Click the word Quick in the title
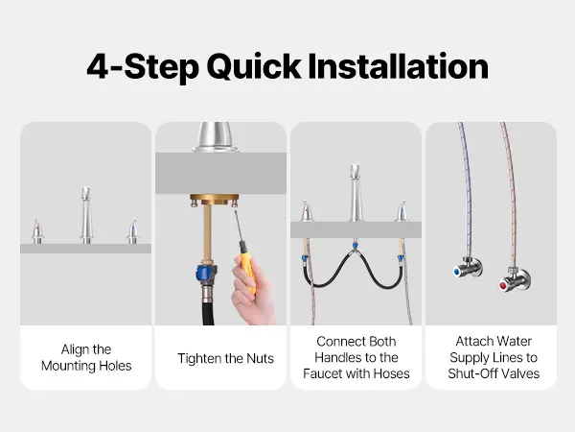click(254, 67)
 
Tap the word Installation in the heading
click(399, 66)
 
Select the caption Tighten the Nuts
click(225, 358)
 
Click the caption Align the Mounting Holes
click(86, 357)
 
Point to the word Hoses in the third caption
click(391, 373)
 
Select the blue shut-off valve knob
click(457, 272)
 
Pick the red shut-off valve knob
click(503, 285)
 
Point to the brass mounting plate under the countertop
click(215, 200)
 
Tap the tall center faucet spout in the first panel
click(86, 215)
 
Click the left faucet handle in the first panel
click(37, 232)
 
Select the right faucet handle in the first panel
click(133, 231)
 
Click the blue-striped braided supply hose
click(467, 191)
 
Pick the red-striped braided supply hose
click(511, 195)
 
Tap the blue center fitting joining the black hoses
click(355, 245)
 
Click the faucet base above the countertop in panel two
click(216, 137)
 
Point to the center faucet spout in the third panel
click(355, 193)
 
